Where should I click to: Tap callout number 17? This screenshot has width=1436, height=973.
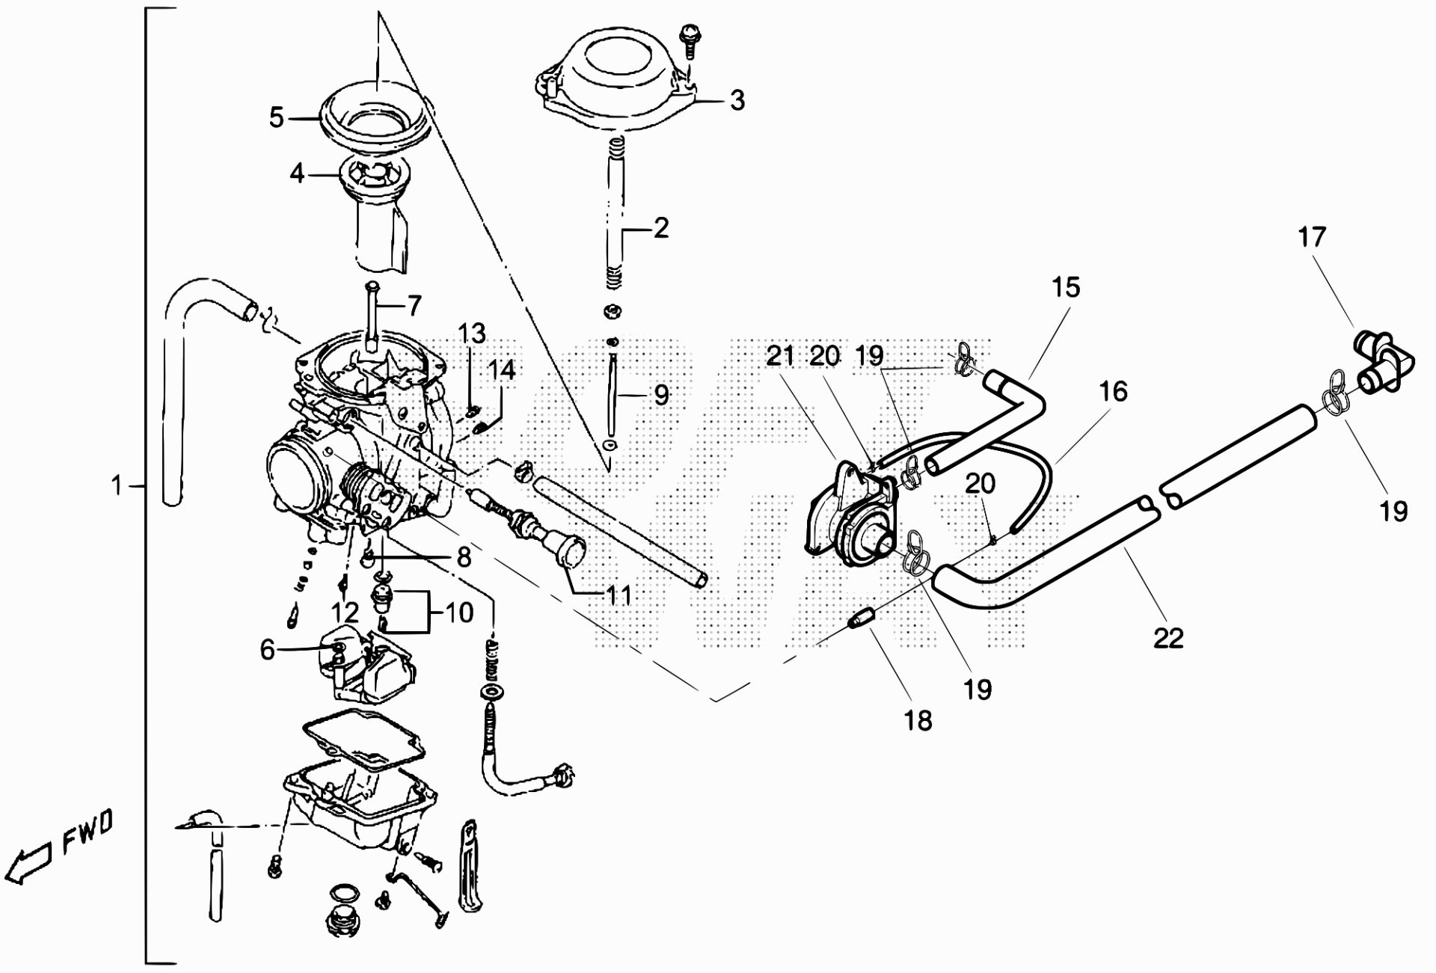pyautogui.click(x=1312, y=237)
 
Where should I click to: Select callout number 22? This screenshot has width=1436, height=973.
pyautogui.click(x=1169, y=638)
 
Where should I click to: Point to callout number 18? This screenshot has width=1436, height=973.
pyautogui.click(x=918, y=720)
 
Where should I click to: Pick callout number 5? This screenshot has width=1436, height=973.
pyautogui.click(x=277, y=117)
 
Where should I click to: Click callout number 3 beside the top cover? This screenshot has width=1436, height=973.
pyautogui.click(x=737, y=99)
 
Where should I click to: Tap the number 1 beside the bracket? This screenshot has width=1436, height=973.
pyautogui.click(x=116, y=486)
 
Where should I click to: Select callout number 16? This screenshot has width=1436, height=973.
pyautogui.click(x=1114, y=390)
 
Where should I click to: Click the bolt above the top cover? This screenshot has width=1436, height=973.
pyautogui.click(x=688, y=39)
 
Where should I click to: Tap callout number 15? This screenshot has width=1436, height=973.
pyautogui.click(x=1067, y=287)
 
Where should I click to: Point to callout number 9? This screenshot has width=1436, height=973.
pyautogui.click(x=661, y=395)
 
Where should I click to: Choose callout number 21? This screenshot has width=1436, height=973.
pyautogui.click(x=781, y=356)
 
